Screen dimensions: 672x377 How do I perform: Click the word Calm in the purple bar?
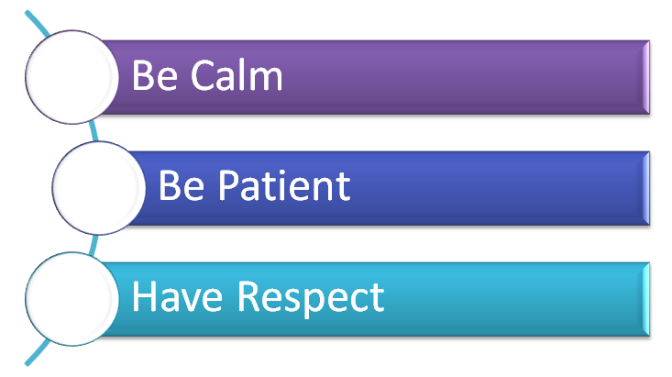237,75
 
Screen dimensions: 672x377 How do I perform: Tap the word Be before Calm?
155,75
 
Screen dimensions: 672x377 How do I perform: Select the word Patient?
284,185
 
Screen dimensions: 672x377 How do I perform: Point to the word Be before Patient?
182,185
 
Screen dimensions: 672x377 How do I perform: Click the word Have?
177,296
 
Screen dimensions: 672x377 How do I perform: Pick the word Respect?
311,299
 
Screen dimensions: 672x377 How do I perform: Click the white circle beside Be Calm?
72,77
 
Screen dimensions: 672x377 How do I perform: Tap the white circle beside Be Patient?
99,188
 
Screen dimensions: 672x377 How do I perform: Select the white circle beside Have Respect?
72,299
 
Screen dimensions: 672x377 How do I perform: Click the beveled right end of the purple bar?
645,77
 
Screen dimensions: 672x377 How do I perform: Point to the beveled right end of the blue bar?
645,188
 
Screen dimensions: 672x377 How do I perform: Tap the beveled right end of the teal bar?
645,299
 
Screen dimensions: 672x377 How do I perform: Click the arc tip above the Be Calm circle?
27,13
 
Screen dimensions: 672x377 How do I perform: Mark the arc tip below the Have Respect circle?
27,364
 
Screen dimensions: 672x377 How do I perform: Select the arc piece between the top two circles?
94,132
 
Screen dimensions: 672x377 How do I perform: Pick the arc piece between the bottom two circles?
94,245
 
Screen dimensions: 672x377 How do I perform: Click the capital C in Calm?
202,75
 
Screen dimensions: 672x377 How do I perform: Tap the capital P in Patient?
228,185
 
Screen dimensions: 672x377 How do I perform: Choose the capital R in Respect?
248,296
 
